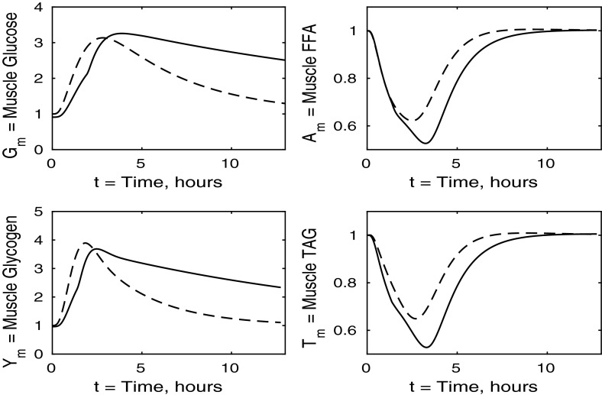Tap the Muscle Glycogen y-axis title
point(11,285)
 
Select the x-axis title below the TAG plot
point(451,387)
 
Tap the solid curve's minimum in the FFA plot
point(426,143)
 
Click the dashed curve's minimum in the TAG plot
point(414,318)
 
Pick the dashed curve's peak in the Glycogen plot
point(86,243)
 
